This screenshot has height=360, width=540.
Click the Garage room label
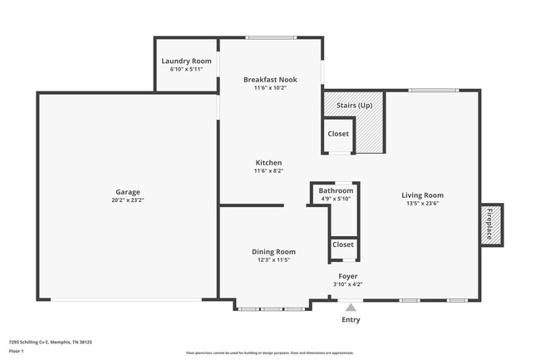coord(127,191)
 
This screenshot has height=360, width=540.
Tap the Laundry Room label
coord(185,61)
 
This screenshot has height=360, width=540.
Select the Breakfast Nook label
coord(270,80)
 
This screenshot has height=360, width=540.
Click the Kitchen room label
coord(268,162)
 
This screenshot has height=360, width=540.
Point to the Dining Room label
coord(273,252)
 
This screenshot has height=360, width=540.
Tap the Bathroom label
coord(336,190)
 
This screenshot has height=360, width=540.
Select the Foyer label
coord(347,276)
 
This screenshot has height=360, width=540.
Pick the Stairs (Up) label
coord(354,106)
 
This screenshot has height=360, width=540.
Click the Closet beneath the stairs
coord(338,134)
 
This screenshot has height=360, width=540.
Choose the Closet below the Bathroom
coord(342,244)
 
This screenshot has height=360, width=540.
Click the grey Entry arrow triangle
coord(351,307)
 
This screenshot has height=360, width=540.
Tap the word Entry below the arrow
coord(351,320)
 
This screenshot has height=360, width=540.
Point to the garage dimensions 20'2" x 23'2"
coord(127,200)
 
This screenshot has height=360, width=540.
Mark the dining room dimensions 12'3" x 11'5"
coord(273,260)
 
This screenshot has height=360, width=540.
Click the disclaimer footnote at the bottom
coord(270,353)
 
